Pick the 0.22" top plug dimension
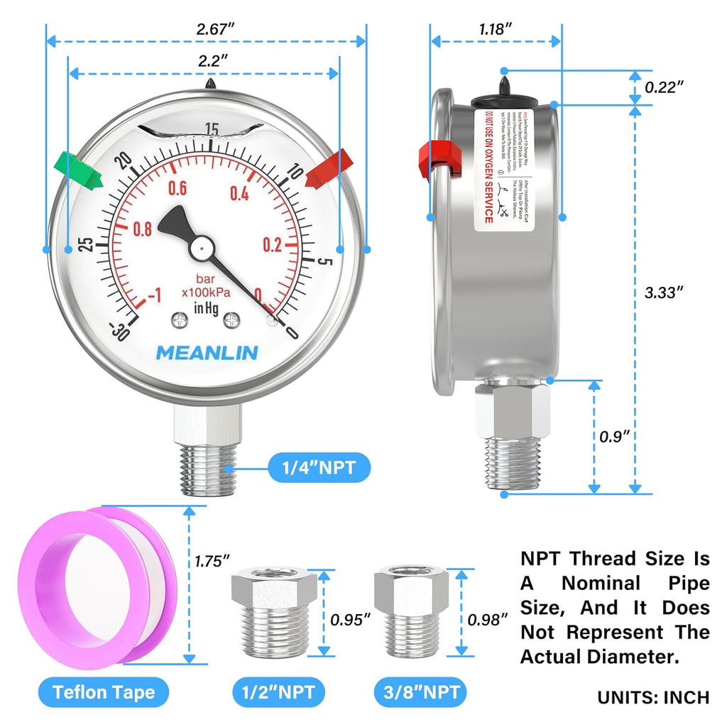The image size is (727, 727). pyautogui.click(x=664, y=87)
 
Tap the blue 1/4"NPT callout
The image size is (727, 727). pyautogui.click(x=319, y=467)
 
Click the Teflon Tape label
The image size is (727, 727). pyautogui.click(x=104, y=692)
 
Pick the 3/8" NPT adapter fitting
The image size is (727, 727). pyautogui.click(x=414, y=611)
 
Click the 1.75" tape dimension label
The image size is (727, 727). pyautogui.click(x=212, y=560)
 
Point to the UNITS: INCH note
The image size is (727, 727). pyautogui.click(x=653, y=697)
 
